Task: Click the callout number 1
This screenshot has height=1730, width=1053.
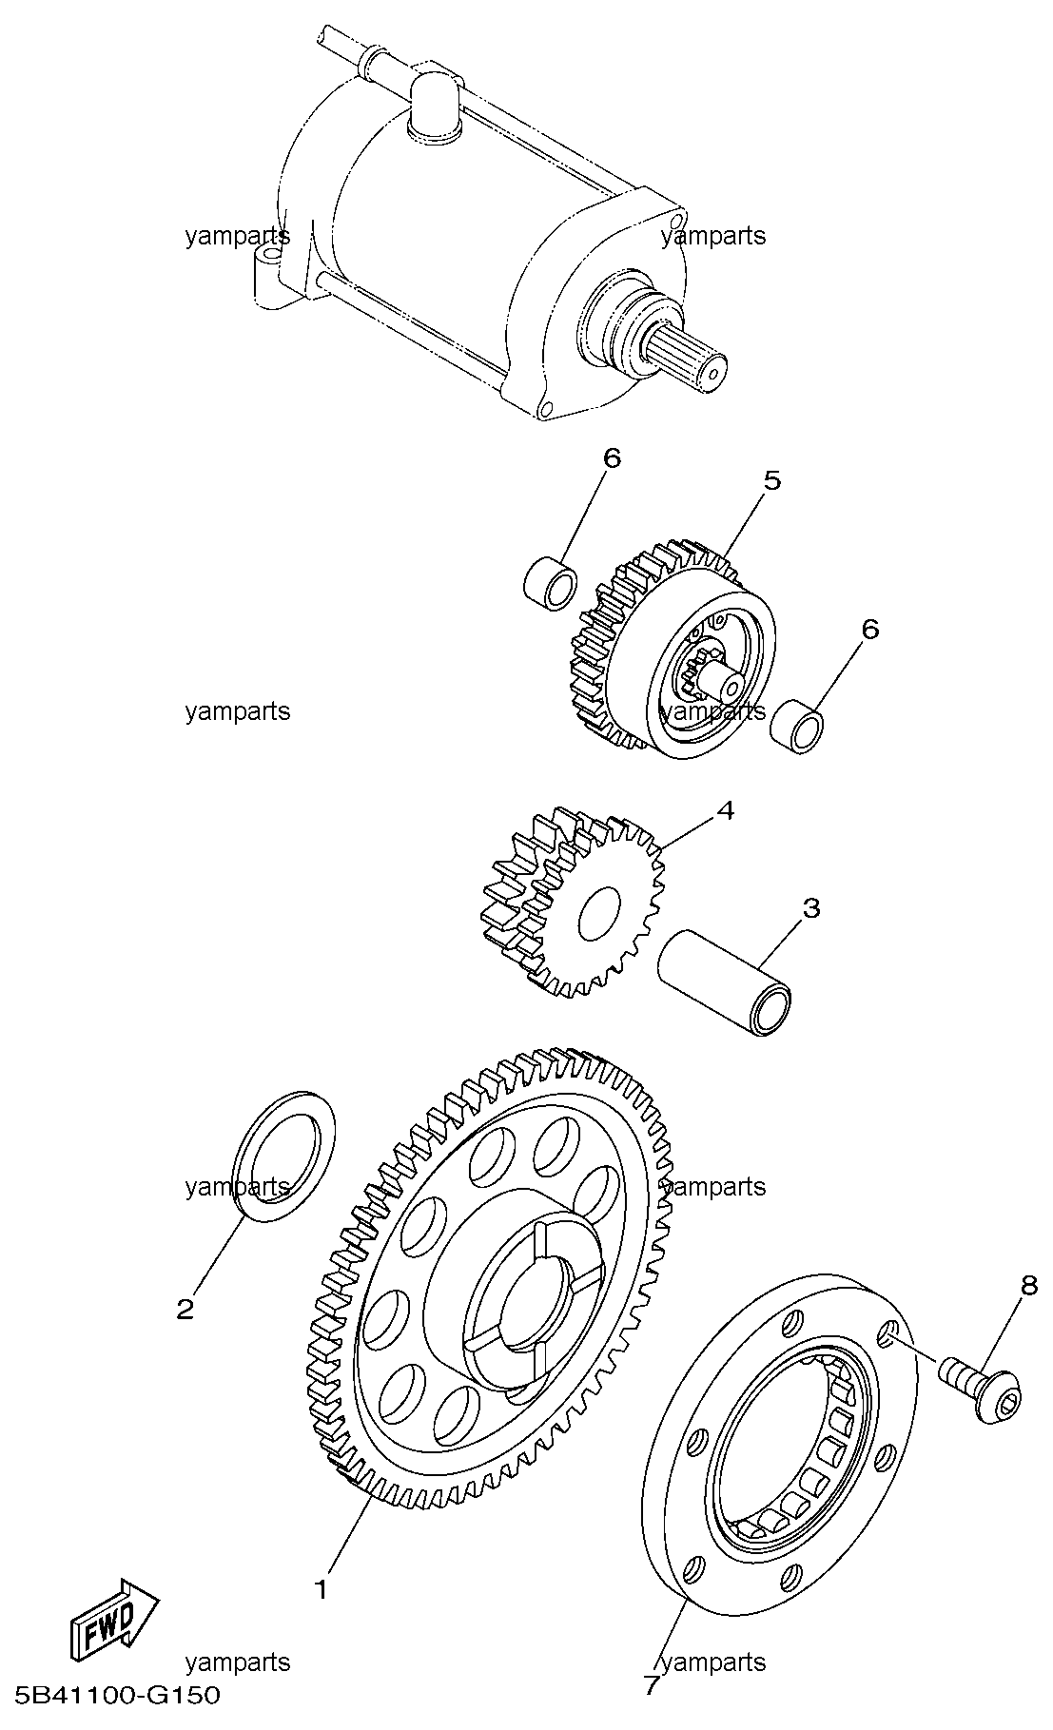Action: pos(322,1589)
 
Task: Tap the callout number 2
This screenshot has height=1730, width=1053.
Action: pos(185,1310)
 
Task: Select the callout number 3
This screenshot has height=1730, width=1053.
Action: pos(810,908)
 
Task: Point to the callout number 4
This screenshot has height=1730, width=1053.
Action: pos(725,811)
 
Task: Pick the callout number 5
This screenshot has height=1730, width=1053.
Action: pos(771,480)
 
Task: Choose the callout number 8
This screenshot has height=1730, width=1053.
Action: pos(1028,1285)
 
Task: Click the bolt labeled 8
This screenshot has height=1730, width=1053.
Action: pos(982,1394)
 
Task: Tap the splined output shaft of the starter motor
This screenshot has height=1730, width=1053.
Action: pos(691,360)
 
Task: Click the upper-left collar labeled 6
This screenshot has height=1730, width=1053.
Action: pos(551,581)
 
